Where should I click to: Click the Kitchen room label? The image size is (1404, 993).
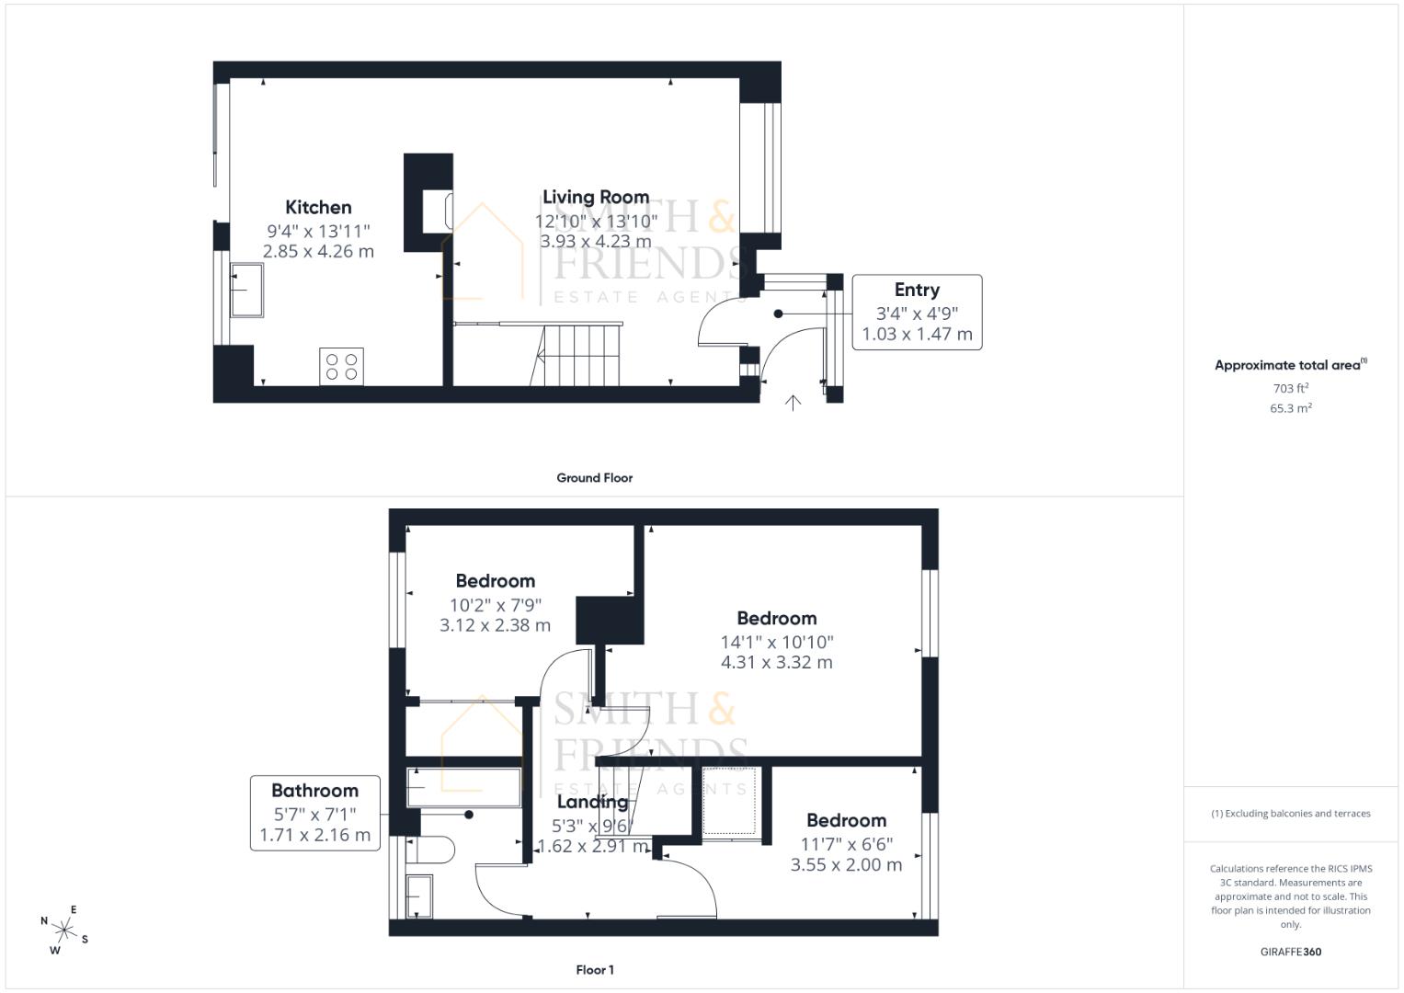[x=318, y=208]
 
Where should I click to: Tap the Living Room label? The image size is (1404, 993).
[x=596, y=197]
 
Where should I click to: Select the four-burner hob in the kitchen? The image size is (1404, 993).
[x=341, y=367]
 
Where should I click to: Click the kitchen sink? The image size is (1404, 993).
[x=246, y=291]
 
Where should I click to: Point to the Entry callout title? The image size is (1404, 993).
[x=917, y=290]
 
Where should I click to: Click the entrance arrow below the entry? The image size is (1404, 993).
[x=793, y=403]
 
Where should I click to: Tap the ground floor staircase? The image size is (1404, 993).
[x=576, y=354]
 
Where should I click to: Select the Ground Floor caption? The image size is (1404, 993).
[x=594, y=478]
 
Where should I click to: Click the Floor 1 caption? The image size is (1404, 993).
[x=594, y=970]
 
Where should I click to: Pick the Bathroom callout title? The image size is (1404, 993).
[x=314, y=791]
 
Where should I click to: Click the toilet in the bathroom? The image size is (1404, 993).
[x=429, y=850]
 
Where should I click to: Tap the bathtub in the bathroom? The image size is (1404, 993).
[x=463, y=787]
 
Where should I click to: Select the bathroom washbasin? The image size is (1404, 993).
[x=418, y=896]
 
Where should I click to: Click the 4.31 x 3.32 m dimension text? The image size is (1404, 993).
[x=777, y=662]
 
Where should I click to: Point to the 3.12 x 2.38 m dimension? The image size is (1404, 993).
[x=496, y=625]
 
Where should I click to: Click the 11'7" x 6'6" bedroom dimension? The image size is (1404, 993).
[x=846, y=844]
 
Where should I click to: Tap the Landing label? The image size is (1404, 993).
[x=592, y=802]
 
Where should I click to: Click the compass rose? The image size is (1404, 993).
[x=63, y=930]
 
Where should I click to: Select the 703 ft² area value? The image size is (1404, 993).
[x=1291, y=388]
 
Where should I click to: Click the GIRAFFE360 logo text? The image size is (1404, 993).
[x=1291, y=952]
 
